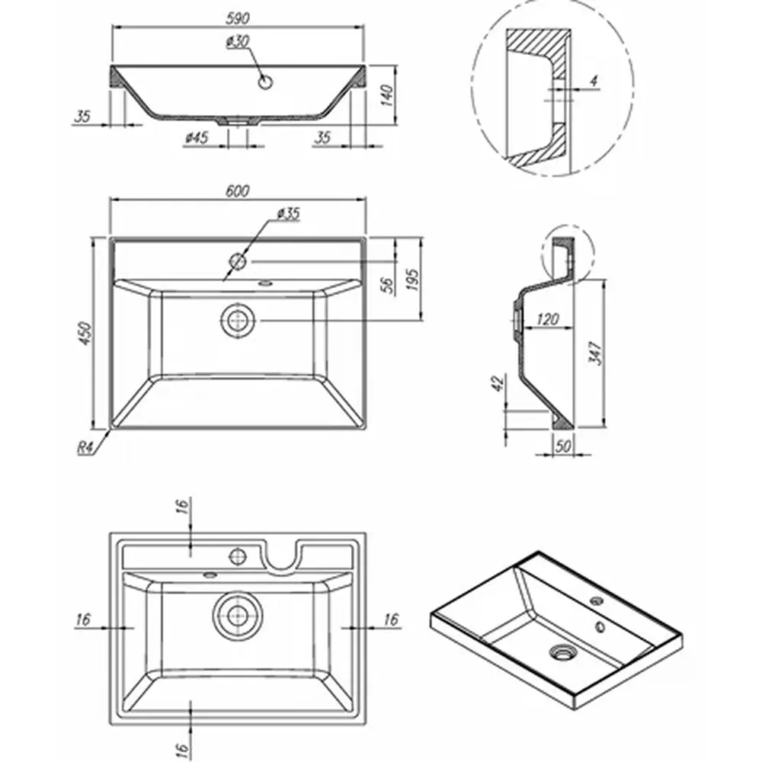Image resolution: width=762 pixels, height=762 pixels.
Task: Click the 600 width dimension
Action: (x=238, y=191)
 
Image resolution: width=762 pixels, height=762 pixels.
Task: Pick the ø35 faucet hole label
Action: (x=288, y=213)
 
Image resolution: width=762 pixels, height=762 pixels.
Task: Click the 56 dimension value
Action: (x=386, y=284)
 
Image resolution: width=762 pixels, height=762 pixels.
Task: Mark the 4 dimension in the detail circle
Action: (x=594, y=79)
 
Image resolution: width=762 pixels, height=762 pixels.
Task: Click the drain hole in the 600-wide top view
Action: (x=239, y=320)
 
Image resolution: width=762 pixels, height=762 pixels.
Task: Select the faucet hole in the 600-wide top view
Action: (x=238, y=262)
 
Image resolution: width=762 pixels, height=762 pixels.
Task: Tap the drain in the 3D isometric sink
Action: (x=563, y=652)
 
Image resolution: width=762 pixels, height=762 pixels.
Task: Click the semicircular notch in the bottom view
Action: (x=283, y=556)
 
